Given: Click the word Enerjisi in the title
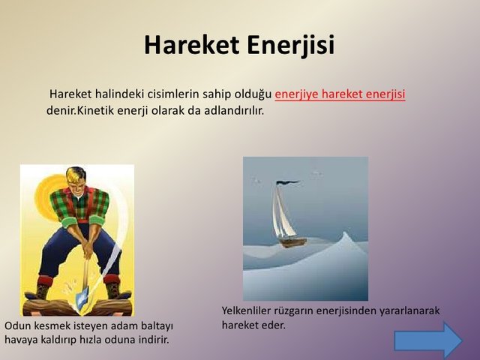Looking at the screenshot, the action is tap(291, 46).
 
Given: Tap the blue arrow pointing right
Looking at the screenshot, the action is tap(428, 340).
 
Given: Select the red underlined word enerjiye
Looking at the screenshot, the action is tap(297, 94).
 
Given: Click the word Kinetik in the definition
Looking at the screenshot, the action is tap(95, 110).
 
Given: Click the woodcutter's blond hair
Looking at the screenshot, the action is tap(75, 175).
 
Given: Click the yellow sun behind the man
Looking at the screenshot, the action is tap(49, 196).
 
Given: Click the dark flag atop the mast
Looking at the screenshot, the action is tap(287, 183).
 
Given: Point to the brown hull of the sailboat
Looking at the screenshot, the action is tap(293, 242).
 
